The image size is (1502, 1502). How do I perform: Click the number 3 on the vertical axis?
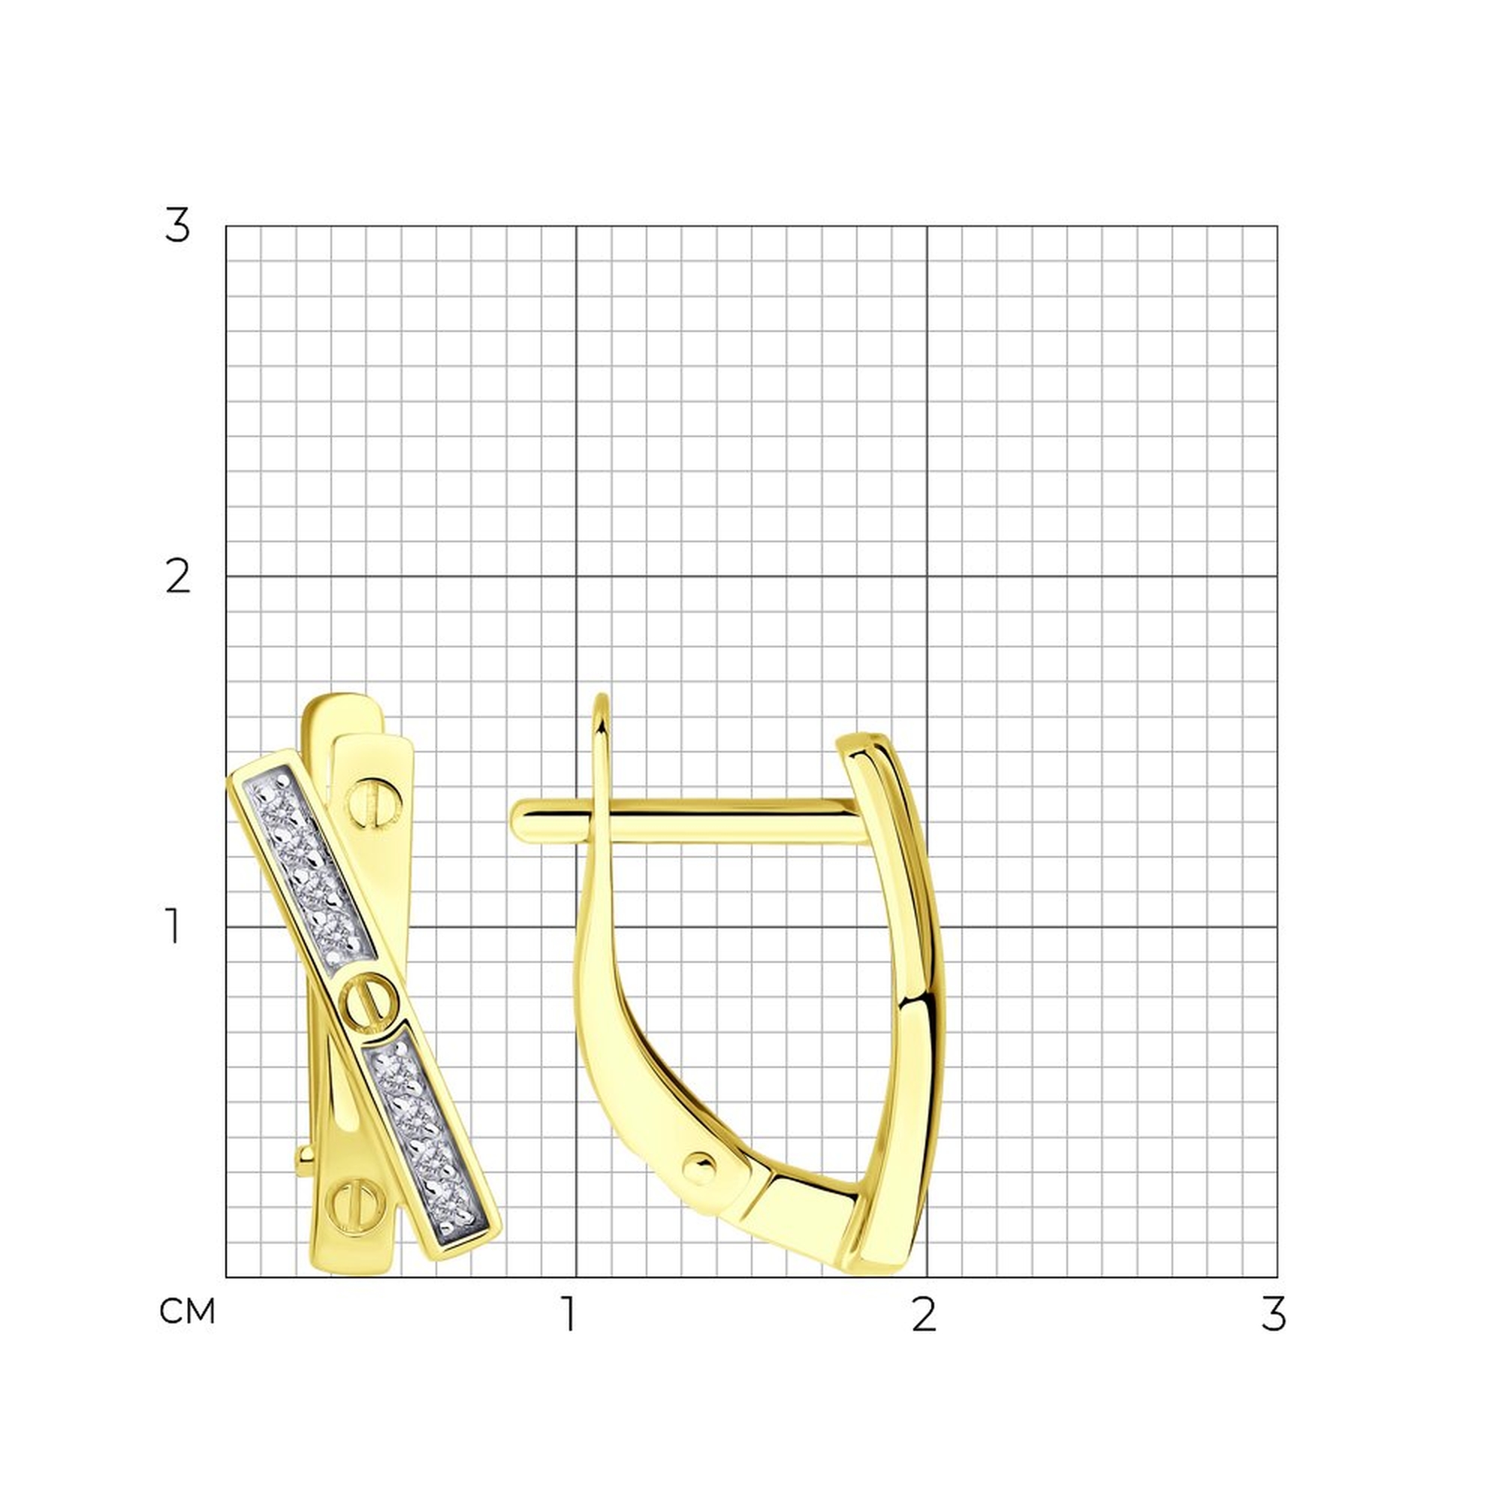[x=177, y=226]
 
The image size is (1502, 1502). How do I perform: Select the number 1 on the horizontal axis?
[x=571, y=1313]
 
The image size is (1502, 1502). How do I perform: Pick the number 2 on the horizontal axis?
[x=924, y=1313]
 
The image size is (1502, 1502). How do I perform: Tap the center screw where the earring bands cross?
[x=370, y=1003]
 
